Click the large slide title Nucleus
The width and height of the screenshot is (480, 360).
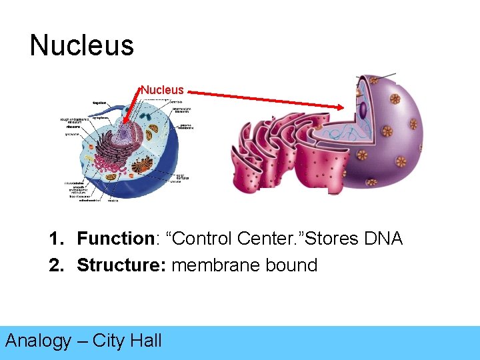[x=81, y=45]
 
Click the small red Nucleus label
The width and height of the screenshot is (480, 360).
[x=162, y=89]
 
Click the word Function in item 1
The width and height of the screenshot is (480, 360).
[x=115, y=239]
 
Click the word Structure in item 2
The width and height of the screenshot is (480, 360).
[x=121, y=265]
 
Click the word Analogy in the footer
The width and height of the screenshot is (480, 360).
[x=38, y=341]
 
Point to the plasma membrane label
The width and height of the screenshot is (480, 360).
[x=187, y=127]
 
